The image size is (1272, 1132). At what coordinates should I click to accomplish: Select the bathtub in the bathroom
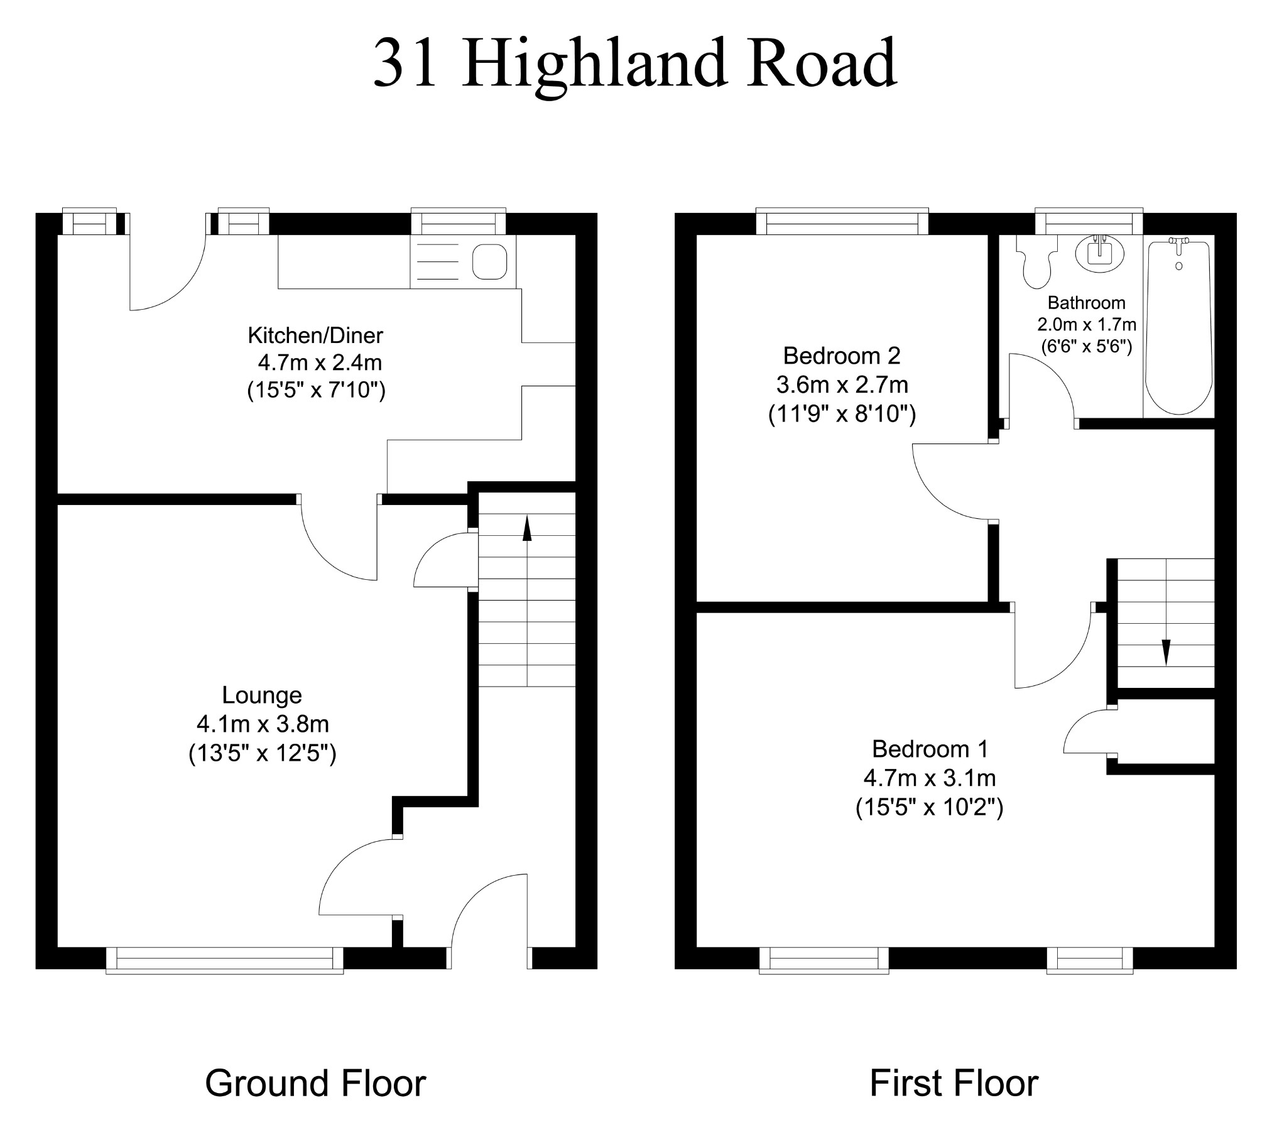[x=1178, y=327]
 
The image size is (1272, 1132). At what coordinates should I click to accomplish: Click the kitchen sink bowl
[x=490, y=261]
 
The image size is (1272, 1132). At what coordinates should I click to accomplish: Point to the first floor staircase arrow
[x=1166, y=651]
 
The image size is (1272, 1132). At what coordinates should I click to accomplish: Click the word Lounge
[x=262, y=695]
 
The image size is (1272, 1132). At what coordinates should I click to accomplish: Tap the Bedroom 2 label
[x=842, y=356]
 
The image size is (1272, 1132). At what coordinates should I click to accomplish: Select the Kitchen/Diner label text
[x=315, y=335]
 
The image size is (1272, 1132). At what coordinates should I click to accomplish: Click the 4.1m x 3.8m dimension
[x=263, y=724]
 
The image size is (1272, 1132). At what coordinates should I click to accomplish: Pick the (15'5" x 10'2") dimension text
[x=929, y=807]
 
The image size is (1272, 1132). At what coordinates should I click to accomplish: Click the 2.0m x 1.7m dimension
[x=1086, y=324]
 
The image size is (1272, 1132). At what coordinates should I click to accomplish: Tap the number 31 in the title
[x=405, y=64]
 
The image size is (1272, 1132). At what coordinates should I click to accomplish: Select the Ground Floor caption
[x=315, y=1084]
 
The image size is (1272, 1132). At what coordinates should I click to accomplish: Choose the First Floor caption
[x=954, y=1084]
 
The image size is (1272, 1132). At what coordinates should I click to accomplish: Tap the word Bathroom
[x=1086, y=303]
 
